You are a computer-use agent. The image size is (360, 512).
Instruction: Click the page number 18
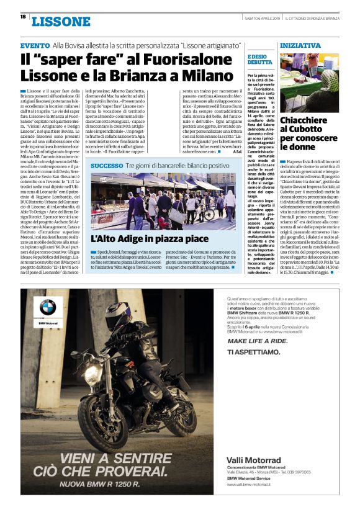coord(23,17)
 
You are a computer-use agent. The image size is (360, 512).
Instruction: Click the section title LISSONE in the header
coord(61,22)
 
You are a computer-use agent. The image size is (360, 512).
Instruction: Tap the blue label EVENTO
coord(35,46)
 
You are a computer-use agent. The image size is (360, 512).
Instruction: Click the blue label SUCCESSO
coord(107,166)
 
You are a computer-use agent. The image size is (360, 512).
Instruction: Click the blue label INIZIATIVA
coord(300,46)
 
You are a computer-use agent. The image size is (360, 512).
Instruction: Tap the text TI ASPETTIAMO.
coord(254,352)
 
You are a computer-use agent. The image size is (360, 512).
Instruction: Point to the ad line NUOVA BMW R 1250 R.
coord(98,483)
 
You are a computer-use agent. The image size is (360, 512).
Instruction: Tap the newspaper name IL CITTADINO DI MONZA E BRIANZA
coord(317,17)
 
